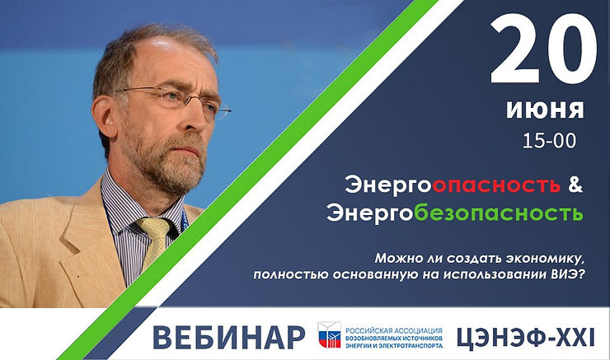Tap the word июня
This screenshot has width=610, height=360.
(546, 109)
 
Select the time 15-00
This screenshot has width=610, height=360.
(548, 140)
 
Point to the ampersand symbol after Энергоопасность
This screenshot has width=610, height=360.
(576, 186)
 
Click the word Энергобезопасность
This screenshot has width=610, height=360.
(454, 214)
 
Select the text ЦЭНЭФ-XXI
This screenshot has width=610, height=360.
(523, 335)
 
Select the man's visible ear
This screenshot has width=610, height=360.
(106, 115)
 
